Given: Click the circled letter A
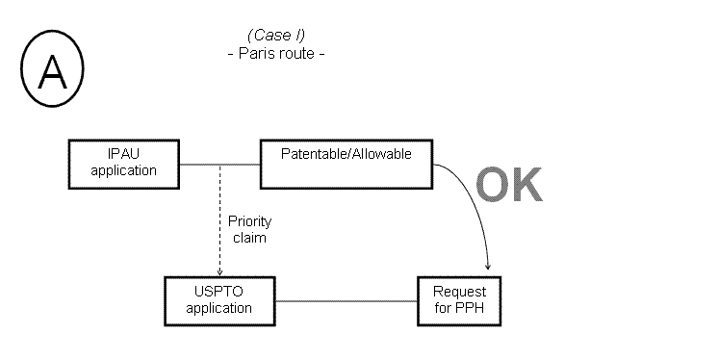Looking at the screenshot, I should click(52, 73).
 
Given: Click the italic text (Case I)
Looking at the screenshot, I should click(275, 36).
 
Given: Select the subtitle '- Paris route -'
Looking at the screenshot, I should click(275, 53).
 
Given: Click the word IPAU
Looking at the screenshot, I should click(125, 156).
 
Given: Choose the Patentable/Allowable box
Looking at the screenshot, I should click(346, 164).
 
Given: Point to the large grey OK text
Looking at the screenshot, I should click(508, 185).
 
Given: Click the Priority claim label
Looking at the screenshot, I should click(246, 228).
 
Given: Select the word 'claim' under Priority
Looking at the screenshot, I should click(246, 236).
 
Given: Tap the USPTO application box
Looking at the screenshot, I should click(220, 301).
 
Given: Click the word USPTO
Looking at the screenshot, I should click(220, 293).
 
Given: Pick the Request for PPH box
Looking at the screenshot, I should click(459, 300).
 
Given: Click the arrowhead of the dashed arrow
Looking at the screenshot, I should click(220, 272).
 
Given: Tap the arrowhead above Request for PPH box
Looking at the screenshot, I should click(489, 266).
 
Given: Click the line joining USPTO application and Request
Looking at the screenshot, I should click(346, 301).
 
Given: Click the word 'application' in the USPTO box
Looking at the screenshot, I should click(220, 309).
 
